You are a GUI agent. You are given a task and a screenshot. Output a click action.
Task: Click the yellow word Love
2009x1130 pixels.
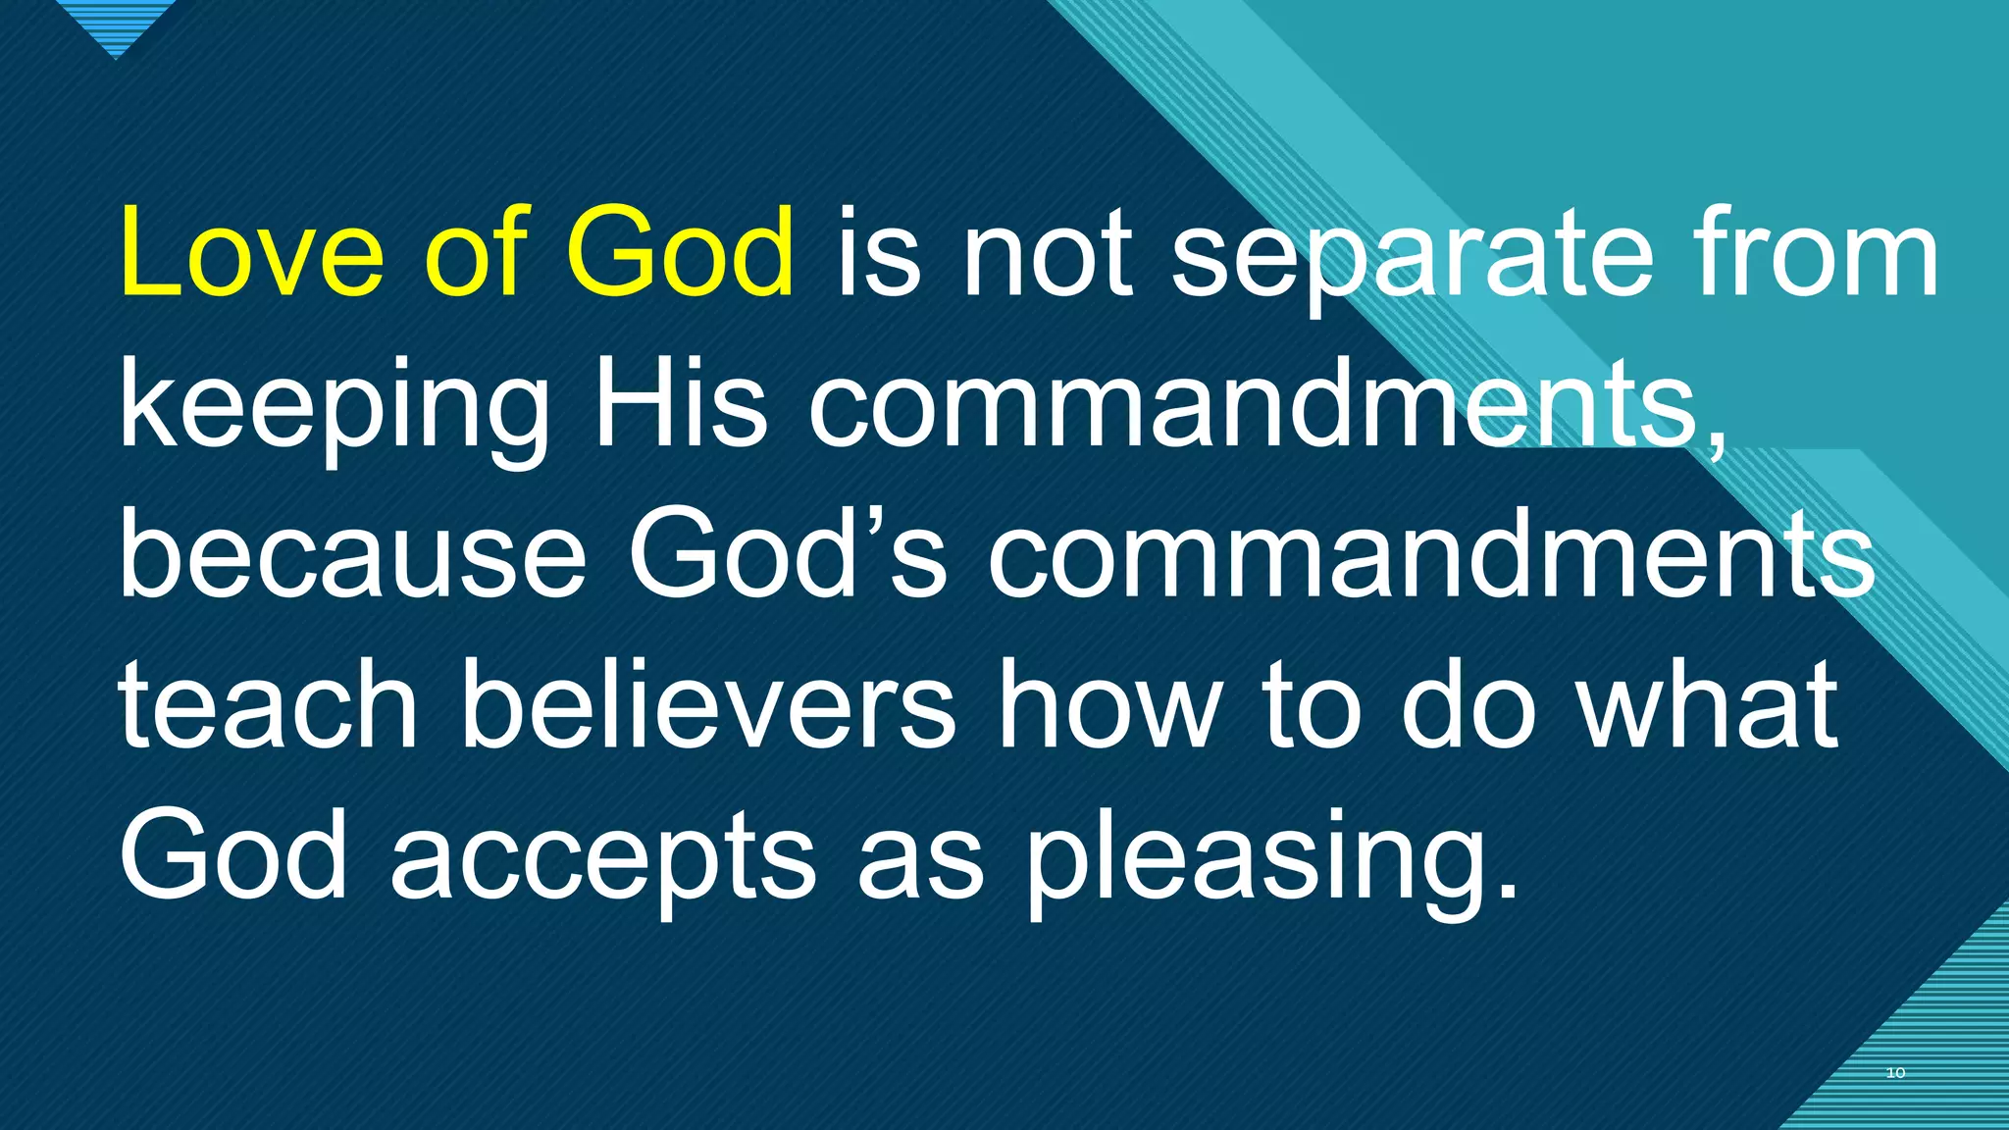tap(251, 253)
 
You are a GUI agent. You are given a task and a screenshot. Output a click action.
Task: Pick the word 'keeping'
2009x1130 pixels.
tap(335, 407)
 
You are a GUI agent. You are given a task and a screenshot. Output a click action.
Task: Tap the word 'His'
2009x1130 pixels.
tap(680, 402)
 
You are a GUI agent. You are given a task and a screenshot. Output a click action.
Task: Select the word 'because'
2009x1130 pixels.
tap(353, 553)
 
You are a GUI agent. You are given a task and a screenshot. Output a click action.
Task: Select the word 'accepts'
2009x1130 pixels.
tap(603, 857)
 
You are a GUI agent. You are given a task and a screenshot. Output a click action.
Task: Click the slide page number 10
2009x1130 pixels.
tap(1895, 1072)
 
